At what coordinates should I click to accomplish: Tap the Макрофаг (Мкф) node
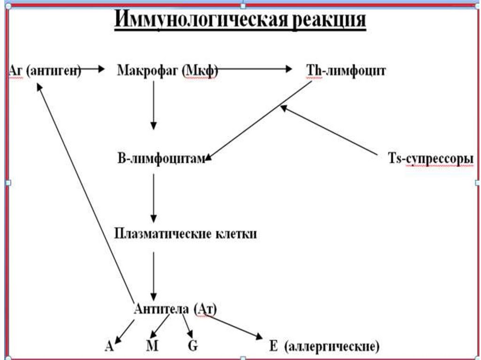click(167, 71)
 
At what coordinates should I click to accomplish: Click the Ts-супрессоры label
click(430, 160)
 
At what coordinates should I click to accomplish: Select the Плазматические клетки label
click(186, 234)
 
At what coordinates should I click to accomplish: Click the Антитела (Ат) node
click(175, 309)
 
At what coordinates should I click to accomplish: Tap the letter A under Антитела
click(109, 347)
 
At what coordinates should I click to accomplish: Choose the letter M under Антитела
click(152, 347)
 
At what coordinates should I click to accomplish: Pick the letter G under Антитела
click(193, 347)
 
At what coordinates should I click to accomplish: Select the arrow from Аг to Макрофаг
click(92, 69)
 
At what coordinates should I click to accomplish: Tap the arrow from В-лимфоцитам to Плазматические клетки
click(154, 197)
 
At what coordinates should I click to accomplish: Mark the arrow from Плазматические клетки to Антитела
click(154, 275)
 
